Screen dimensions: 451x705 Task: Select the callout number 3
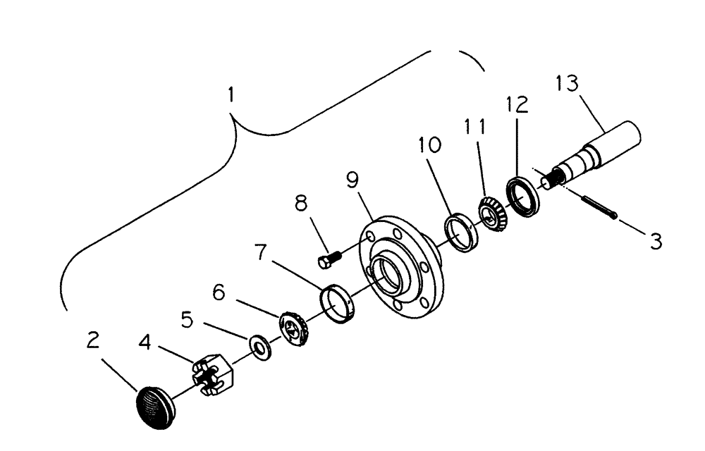655,242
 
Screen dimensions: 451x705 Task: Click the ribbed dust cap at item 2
156,405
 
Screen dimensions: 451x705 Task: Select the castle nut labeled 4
212,377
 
